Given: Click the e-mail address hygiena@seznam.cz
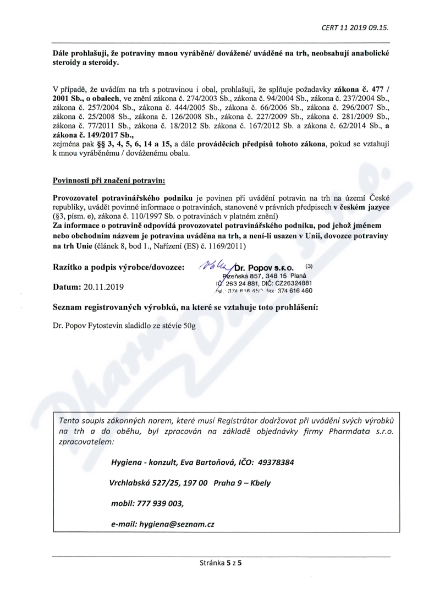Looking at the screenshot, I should pos(177,524).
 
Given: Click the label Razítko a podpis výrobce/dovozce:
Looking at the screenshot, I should pos(118,267).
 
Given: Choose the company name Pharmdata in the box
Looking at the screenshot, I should pos(346,432).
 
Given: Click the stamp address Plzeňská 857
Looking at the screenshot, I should pos(240,276).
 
